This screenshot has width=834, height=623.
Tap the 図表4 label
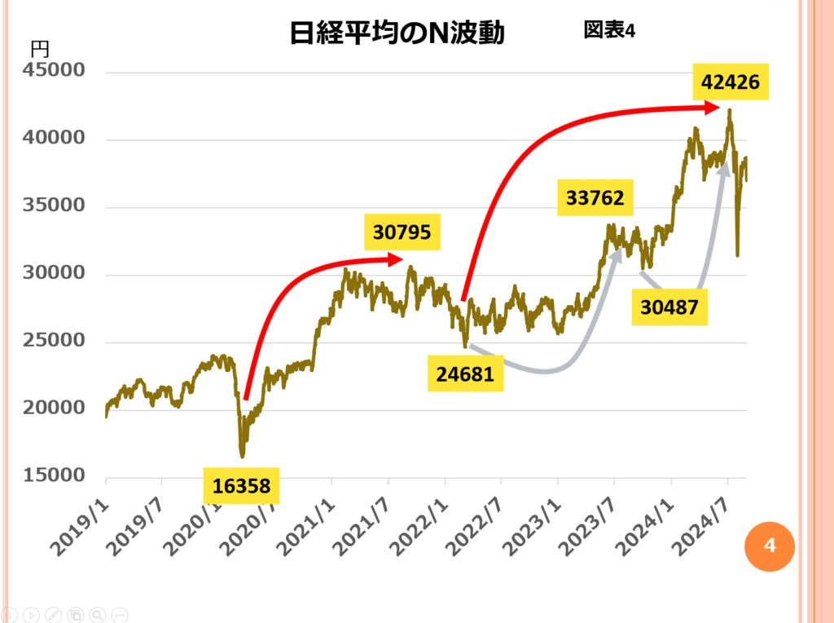[x=608, y=29]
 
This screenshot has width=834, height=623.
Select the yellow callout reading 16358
[x=241, y=486]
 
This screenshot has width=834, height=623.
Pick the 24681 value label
[x=465, y=374]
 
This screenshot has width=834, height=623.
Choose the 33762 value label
[x=595, y=198]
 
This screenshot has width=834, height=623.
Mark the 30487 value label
[x=669, y=308]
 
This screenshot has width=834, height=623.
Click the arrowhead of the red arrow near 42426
[x=713, y=107]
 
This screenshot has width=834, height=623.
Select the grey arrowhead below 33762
[x=617, y=255]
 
